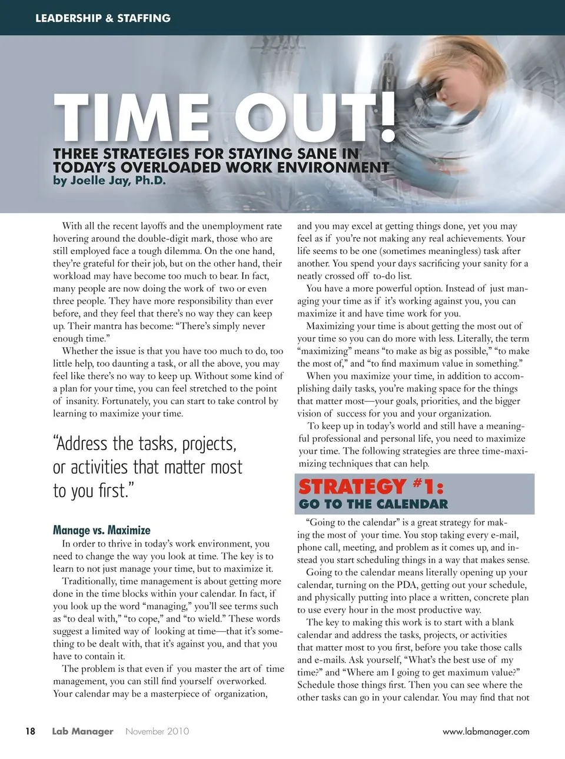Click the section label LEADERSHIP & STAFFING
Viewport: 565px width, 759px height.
pos(103,18)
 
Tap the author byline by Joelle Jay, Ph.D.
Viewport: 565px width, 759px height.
pos(109,181)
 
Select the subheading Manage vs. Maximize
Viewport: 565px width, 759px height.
pos(101,530)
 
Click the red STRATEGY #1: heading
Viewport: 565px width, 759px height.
pos(371,487)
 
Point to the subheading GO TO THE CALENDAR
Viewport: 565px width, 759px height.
pos(373,504)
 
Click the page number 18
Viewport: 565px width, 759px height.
pos(30,731)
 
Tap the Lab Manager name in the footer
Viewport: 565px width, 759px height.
pos(82,731)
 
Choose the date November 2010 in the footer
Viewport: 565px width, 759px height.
pos(157,731)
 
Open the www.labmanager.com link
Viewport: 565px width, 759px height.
pos(486,732)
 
